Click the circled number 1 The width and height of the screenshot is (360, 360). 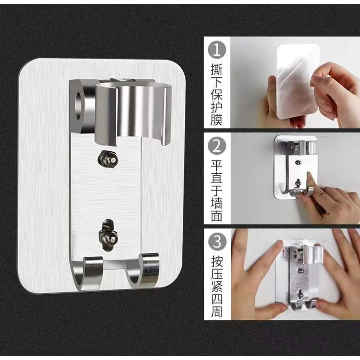point(217,49)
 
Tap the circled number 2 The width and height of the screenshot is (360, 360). point(217,146)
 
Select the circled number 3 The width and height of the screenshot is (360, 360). point(217,242)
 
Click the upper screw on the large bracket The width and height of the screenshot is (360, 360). point(108,159)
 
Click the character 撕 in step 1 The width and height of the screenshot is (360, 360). point(217,69)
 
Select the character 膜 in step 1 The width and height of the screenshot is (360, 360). point(217,120)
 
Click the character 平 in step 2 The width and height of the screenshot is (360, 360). point(217,166)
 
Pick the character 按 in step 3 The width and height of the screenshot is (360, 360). point(217,261)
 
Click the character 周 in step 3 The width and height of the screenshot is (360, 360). point(217,311)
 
